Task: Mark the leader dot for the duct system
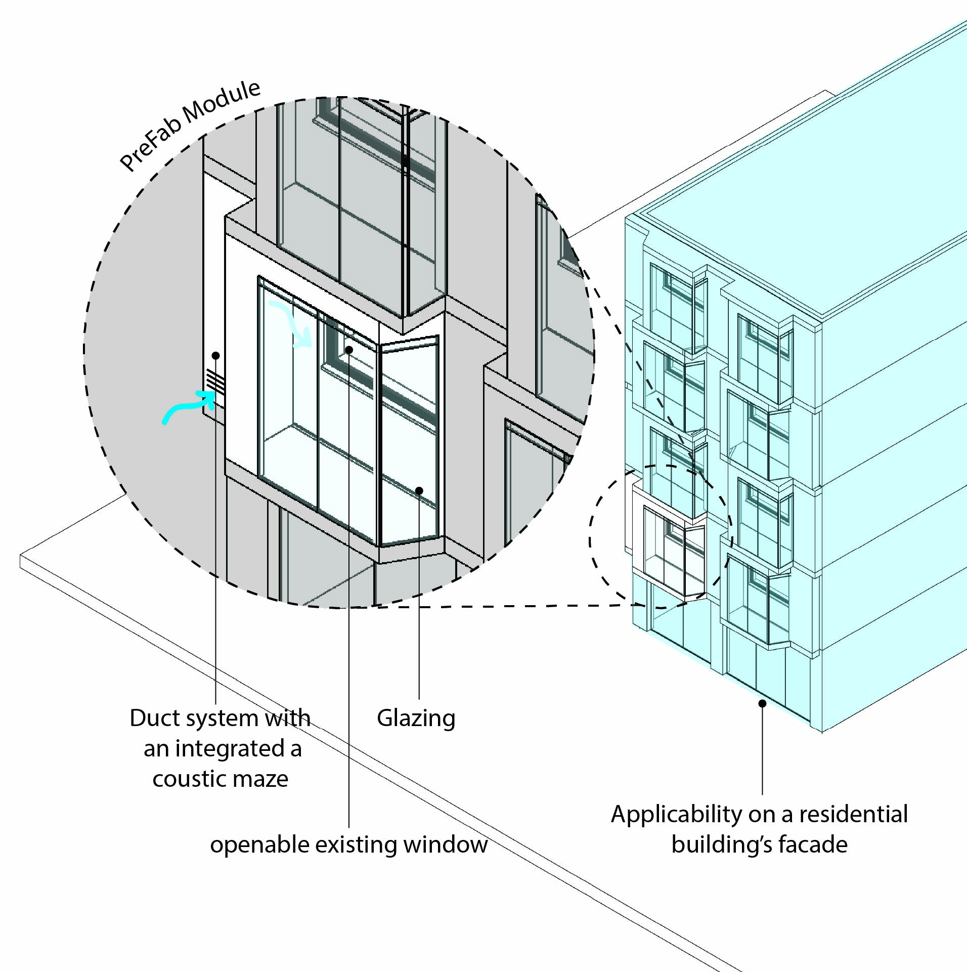click(216, 355)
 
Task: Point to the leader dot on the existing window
click(349, 350)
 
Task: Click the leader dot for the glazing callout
click(419, 490)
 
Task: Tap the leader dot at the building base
click(762, 703)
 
